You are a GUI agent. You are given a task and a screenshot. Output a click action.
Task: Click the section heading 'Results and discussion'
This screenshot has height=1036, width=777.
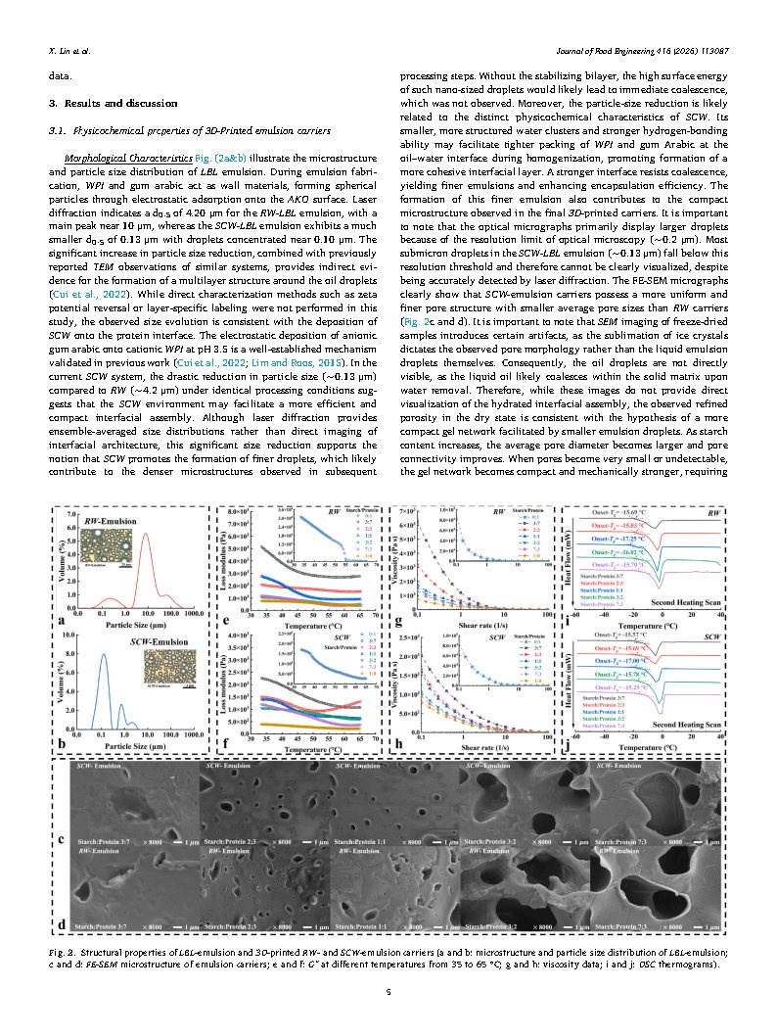pos(118,103)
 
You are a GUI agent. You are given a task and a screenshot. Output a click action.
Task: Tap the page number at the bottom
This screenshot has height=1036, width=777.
pos(389,991)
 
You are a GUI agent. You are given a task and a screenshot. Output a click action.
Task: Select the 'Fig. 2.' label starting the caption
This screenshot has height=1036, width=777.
pos(63,952)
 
